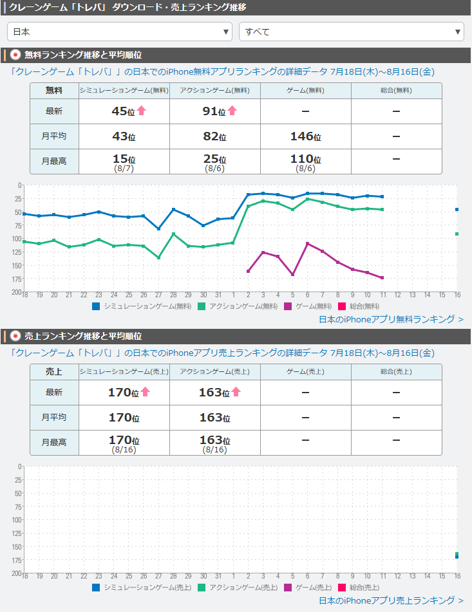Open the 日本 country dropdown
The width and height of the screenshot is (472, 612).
[120, 31]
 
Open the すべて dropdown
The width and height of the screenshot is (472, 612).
[351, 31]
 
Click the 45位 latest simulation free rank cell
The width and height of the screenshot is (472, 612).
[124, 111]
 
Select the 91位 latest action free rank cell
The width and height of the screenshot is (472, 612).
[215, 111]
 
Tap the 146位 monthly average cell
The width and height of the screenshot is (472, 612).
[306, 136]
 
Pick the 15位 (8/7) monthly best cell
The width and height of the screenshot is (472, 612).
[124, 162]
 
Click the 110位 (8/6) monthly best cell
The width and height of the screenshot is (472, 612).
[306, 162]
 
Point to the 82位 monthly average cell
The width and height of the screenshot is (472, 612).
[215, 136]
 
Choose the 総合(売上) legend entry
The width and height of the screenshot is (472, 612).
[360, 587]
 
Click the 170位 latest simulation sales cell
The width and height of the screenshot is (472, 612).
[124, 393]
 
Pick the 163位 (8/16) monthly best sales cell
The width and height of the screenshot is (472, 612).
[215, 443]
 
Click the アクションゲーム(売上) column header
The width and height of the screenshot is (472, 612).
[215, 372]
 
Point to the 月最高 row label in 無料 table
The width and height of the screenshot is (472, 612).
[55, 162]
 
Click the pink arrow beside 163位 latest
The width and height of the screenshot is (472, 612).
[236, 391]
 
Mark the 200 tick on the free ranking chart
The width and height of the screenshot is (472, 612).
[17, 292]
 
